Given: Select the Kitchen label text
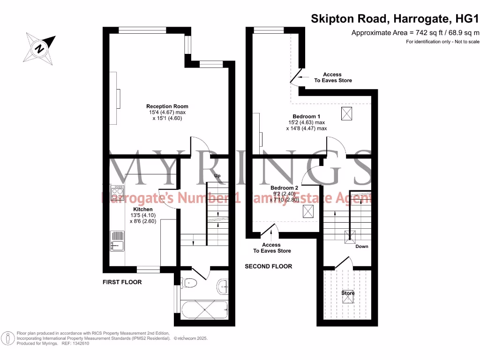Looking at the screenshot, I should (142, 209).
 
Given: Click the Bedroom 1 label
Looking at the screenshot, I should (306, 116).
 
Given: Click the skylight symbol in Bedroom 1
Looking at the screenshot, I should (347, 113).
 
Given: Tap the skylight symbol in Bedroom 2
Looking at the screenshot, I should (308, 212).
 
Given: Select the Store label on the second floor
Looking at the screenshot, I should (348, 293).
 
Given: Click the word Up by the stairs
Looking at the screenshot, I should (217, 176).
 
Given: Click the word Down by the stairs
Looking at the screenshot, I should (361, 246).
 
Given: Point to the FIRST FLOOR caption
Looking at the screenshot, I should (122, 282).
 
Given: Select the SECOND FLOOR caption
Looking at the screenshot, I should (268, 266).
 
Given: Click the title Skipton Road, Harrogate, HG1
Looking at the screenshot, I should (395, 19).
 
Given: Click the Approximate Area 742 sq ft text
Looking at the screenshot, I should (415, 32).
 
